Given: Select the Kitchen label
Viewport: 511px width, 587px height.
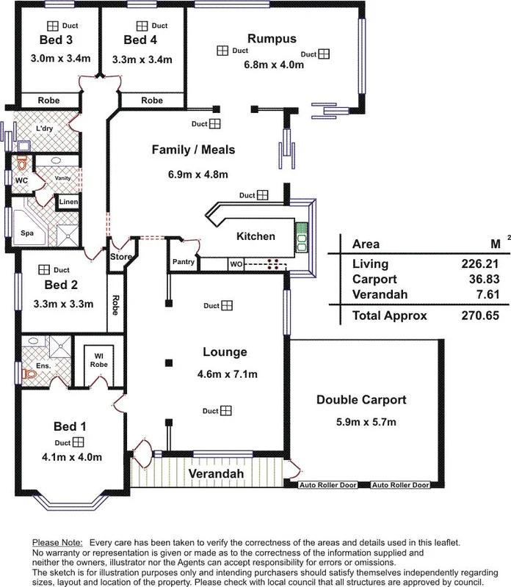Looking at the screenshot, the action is (x=255, y=236).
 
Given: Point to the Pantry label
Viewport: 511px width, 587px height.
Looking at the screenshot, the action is (x=183, y=262).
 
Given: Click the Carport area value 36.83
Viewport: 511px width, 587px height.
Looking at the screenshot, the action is (x=460, y=279).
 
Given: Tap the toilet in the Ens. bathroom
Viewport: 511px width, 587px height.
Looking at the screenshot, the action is (x=30, y=373).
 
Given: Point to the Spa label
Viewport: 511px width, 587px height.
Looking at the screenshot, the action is (x=26, y=233).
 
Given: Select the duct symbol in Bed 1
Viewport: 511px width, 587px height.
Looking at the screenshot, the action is (x=78, y=442).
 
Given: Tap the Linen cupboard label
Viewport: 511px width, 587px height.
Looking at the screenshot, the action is (x=68, y=202).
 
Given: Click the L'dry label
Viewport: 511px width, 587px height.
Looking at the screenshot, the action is (x=45, y=129).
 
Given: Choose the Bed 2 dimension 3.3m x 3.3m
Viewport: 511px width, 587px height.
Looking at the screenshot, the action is (x=62, y=302).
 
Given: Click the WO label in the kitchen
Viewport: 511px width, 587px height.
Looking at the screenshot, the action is (x=236, y=263).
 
